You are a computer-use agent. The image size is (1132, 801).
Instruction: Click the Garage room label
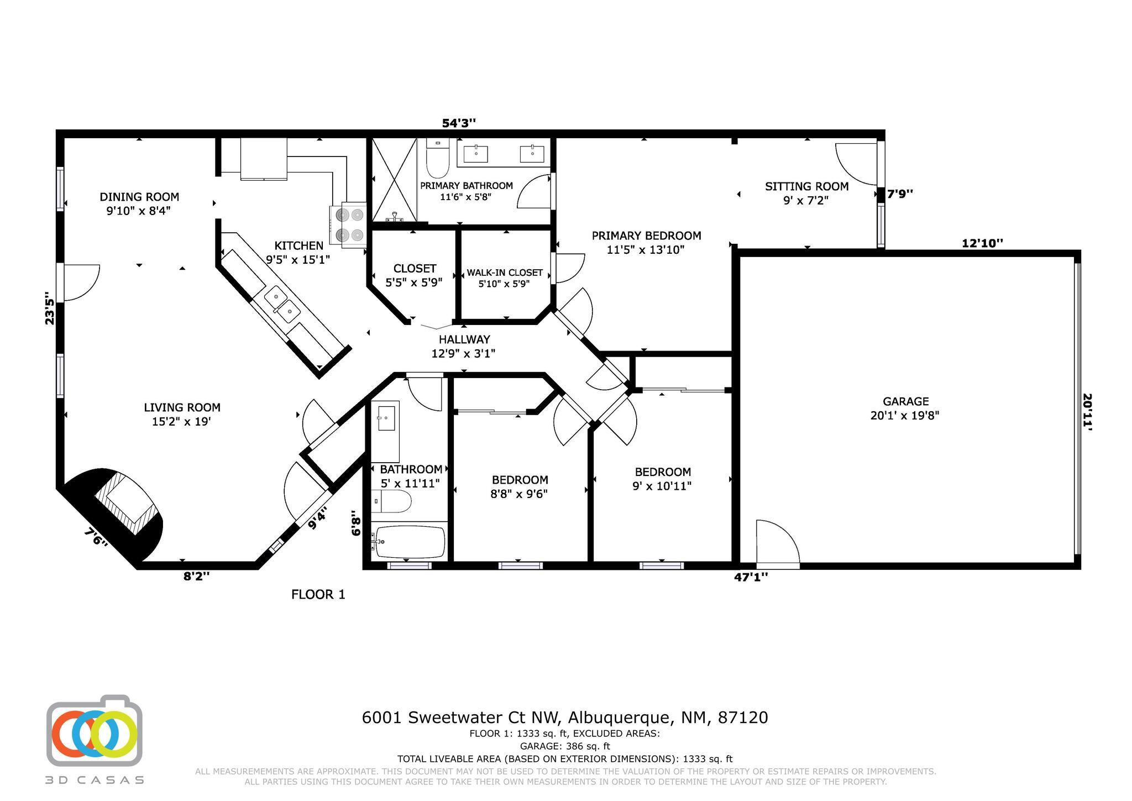pos(905,402)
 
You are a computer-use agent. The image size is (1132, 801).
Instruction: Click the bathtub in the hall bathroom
pos(409,541)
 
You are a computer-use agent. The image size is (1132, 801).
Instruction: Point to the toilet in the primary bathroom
pos(437,157)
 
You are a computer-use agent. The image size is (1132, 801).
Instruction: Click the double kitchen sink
pos(282,305)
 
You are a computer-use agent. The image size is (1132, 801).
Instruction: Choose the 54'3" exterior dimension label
pos(459,123)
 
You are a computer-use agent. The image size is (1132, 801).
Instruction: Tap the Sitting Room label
pos(806,187)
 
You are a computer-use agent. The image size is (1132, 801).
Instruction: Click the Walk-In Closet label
pos(505,273)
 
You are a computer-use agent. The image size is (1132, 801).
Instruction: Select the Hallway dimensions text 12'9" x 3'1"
pos(463,353)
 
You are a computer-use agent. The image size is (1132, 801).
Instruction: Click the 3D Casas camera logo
pos(95,730)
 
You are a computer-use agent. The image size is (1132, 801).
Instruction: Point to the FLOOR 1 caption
pos(318,594)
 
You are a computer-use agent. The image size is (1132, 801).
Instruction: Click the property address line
pos(565,718)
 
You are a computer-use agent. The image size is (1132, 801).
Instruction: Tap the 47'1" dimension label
pos(751,577)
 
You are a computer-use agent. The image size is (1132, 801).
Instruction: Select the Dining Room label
pos(139,197)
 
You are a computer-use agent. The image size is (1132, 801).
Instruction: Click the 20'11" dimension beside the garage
pos(1087,412)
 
